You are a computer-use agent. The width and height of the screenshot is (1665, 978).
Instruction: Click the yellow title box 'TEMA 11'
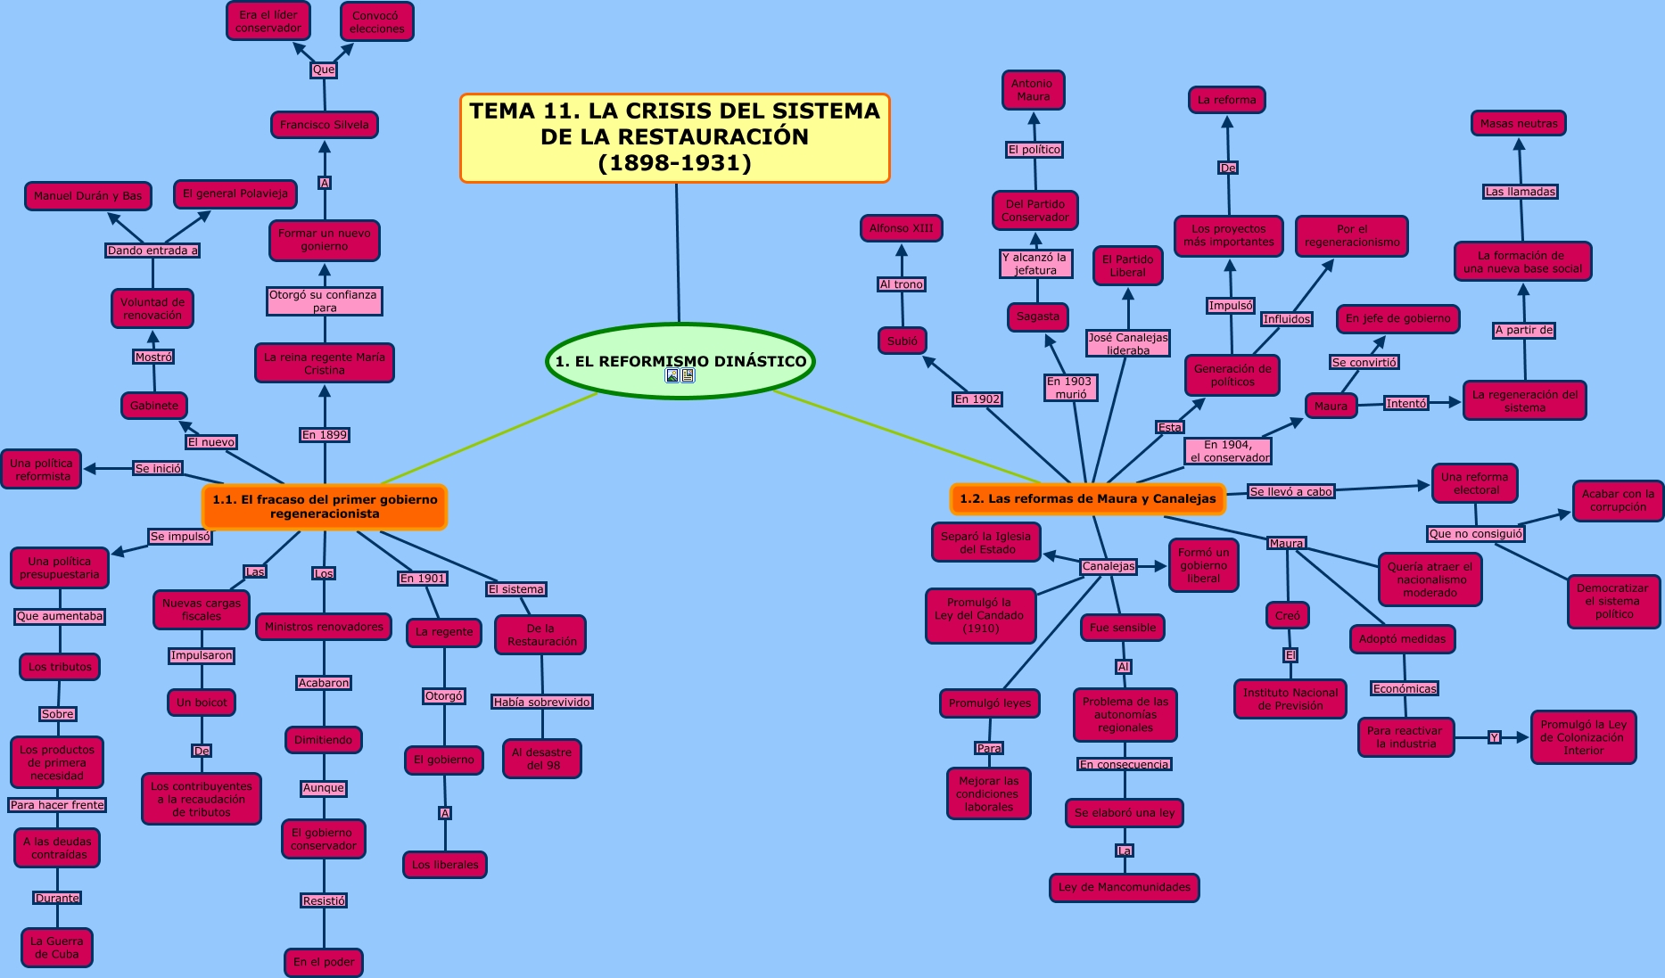tap(675, 137)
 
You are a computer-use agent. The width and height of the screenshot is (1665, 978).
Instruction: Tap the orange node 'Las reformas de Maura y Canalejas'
tap(1087, 498)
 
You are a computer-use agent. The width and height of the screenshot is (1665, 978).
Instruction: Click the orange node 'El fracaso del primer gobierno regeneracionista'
tap(325, 506)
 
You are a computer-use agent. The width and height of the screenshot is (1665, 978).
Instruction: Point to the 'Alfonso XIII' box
tap(901, 228)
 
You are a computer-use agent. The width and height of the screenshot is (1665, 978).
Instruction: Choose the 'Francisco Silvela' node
tap(324, 125)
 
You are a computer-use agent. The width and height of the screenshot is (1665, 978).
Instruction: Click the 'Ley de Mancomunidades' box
tap(1124, 887)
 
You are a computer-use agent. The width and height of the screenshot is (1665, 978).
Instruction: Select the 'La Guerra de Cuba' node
tap(57, 947)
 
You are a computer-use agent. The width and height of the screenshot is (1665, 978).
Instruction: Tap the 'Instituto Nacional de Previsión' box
tap(1290, 699)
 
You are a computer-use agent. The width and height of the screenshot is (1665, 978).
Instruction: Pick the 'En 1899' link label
tap(325, 435)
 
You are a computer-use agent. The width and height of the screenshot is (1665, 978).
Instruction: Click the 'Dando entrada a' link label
tap(152, 251)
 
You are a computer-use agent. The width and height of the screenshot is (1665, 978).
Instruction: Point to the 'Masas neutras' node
tap(1518, 123)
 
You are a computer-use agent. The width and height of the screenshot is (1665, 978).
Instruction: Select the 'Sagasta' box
tap(1038, 316)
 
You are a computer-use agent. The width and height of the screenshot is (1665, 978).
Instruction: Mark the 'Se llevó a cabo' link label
tap(1290, 491)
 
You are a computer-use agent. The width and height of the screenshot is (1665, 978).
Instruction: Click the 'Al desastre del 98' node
tap(541, 759)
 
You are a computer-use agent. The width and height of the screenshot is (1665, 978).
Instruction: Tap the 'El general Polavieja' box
tap(235, 193)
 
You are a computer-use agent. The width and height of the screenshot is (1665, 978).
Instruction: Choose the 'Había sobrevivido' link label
tap(541, 702)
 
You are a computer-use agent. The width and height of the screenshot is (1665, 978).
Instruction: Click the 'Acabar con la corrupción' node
tap(1617, 500)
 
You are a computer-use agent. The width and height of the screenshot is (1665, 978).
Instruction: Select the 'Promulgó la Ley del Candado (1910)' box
tap(980, 615)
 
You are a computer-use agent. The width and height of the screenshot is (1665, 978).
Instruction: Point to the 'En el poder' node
tap(324, 962)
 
